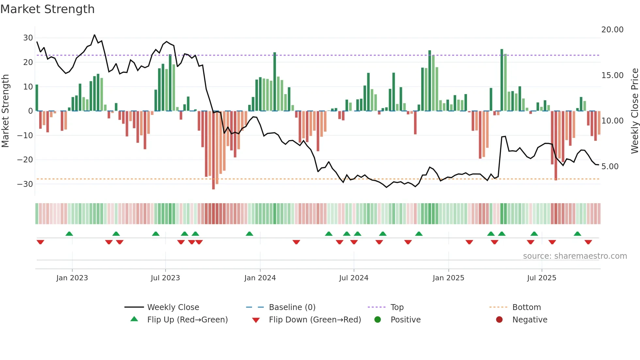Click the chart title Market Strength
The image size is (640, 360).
47,9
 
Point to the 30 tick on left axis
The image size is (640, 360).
28,38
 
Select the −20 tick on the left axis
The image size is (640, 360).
25,160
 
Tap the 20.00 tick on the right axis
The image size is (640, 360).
612,30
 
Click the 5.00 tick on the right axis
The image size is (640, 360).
610,167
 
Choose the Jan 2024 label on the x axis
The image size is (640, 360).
260,278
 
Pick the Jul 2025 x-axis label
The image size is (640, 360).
541,278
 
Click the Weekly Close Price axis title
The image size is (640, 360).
634,111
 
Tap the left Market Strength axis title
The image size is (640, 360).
5,111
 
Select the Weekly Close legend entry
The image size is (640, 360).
173,307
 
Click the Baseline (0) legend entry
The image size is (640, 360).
292,307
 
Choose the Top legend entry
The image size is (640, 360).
397,307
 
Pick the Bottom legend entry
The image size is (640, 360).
526,307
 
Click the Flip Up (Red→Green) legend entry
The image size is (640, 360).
187,320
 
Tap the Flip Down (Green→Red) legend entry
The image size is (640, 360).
315,320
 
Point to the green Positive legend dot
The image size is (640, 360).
377,319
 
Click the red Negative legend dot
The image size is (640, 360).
499,319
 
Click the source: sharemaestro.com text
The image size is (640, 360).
575,256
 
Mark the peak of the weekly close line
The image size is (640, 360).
95,35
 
